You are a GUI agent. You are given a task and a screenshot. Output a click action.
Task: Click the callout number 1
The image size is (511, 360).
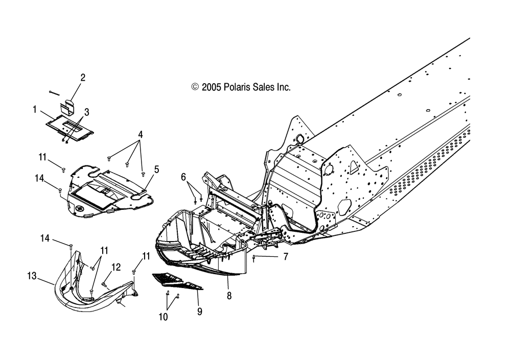click(35, 109)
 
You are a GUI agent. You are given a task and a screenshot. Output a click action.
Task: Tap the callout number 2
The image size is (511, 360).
click(83, 78)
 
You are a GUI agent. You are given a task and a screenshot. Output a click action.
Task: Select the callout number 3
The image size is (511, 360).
click(87, 112)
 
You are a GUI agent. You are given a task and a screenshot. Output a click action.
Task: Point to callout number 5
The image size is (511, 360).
click(157, 170)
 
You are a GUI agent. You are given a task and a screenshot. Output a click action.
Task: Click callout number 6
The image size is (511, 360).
click(183, 177)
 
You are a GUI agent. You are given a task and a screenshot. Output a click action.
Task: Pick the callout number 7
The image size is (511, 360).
click(286, 257)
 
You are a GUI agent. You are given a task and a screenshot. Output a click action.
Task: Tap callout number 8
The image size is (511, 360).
click(229, 296)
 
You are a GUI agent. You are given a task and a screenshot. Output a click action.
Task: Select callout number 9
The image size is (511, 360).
click(200, 312)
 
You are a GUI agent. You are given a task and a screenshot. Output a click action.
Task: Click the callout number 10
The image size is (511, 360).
click(164, 317)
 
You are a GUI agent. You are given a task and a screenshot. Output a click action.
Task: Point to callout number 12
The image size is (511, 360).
click(116, 267)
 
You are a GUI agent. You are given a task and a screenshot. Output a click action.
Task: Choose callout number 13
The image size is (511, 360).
click(32, 276)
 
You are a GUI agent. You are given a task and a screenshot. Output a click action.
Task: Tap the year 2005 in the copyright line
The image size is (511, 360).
click(211, 87)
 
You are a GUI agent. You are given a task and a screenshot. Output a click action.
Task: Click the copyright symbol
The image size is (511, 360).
click(195, 87)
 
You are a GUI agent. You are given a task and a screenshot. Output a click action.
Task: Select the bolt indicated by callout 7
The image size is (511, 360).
click(253, 258)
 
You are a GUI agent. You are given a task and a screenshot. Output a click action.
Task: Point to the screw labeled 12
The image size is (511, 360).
click(105, 285)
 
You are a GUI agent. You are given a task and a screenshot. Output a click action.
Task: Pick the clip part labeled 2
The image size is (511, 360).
click(67, 107)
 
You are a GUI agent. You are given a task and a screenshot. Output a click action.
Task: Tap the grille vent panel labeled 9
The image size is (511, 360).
click(178, 281)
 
